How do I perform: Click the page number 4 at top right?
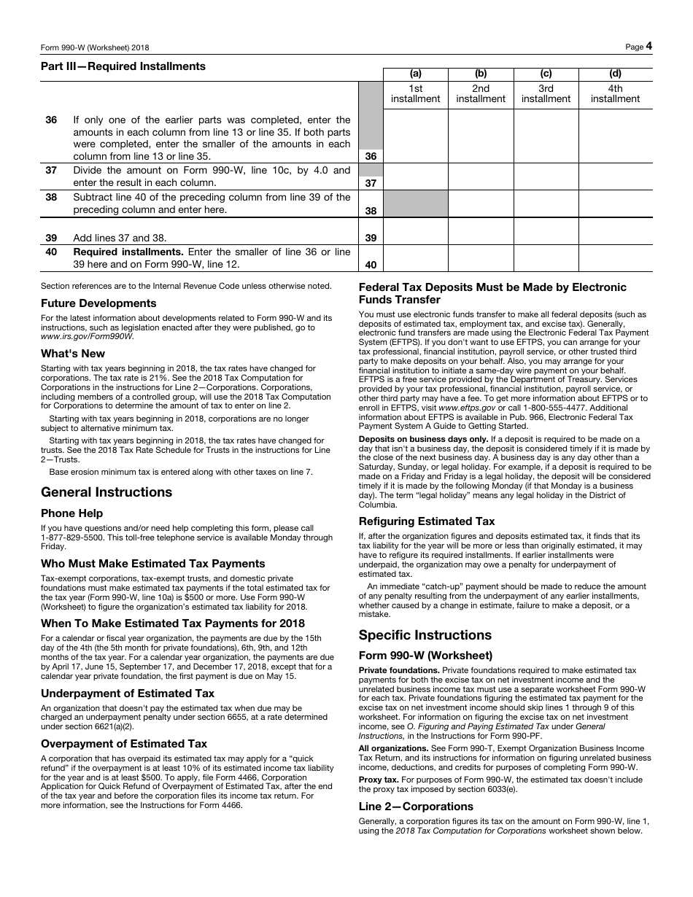tap(648, 46)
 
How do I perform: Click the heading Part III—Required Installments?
tap(123, 66)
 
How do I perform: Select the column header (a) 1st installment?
tap(415, 93)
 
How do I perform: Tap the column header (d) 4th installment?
tap(615, 93)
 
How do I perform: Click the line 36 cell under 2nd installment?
tap(481, 136)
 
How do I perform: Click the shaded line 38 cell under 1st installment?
tap(415, 203)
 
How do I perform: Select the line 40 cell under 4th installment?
tap(615, 258)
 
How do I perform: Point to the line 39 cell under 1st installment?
tap(415, 231)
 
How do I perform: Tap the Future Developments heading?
tap(98, 303)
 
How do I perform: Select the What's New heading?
tap(73, 354)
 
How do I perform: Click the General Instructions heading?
tap(107, 492)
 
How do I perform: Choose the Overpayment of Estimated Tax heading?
tap(124, 744)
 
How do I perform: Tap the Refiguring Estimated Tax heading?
tap(427, 521)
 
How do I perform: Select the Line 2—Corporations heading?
tap(416, 807)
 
